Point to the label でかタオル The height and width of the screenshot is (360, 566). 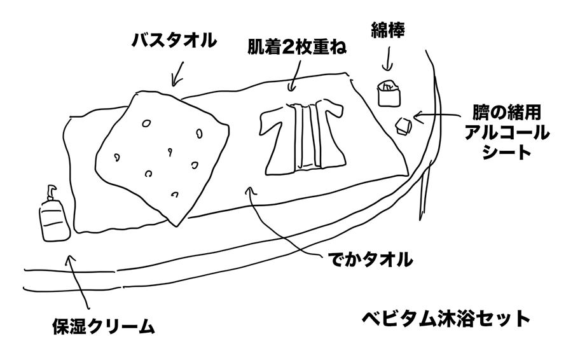tap(369, 260)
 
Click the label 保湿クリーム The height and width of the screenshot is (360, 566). tap(103, 328)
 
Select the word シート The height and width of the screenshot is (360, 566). tap(506, 153)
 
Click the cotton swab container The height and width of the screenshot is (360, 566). tap(388, 93)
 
